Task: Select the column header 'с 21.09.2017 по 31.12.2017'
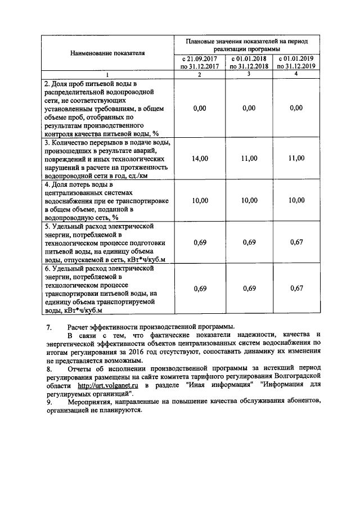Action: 199,62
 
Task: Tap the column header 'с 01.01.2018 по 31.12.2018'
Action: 248,62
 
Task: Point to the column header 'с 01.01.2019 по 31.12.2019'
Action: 296,62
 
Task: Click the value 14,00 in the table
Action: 200,159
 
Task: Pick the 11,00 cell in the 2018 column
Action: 248,159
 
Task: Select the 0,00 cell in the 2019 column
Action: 296,109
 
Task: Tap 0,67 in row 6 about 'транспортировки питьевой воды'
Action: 296,288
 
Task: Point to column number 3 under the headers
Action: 248,74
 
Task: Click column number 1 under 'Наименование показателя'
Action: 107,75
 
